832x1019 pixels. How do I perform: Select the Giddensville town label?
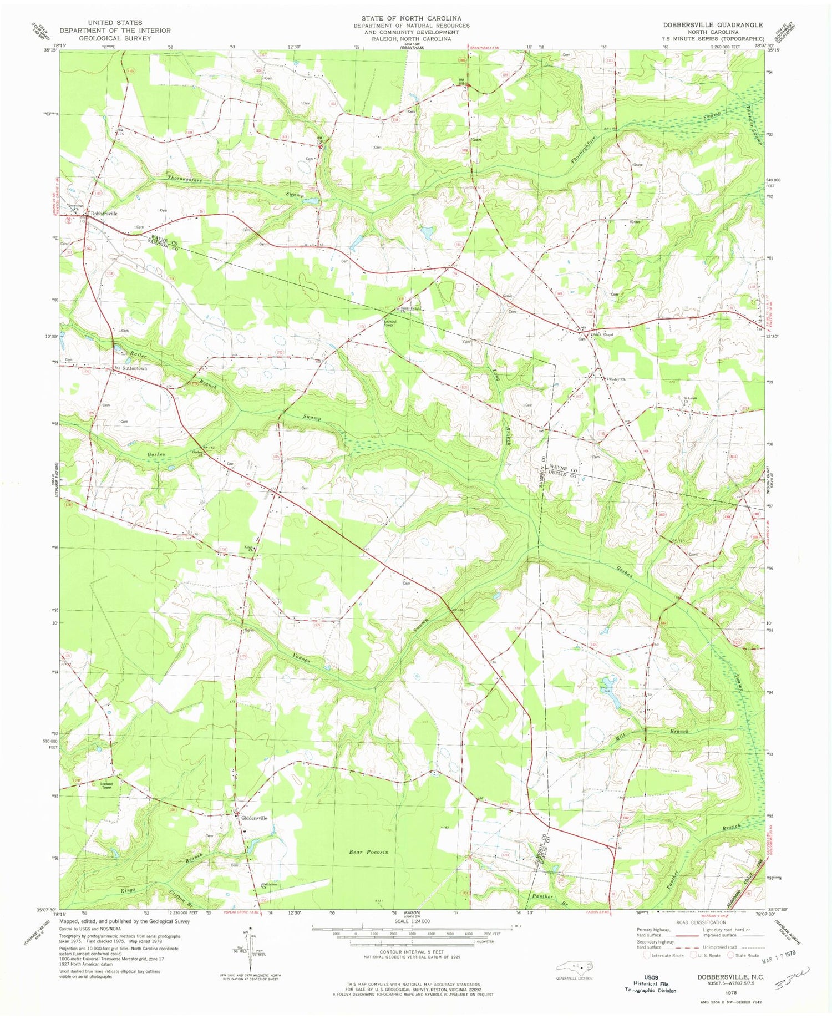point(253,818)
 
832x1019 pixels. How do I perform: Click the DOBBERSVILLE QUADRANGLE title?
point(712,25)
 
